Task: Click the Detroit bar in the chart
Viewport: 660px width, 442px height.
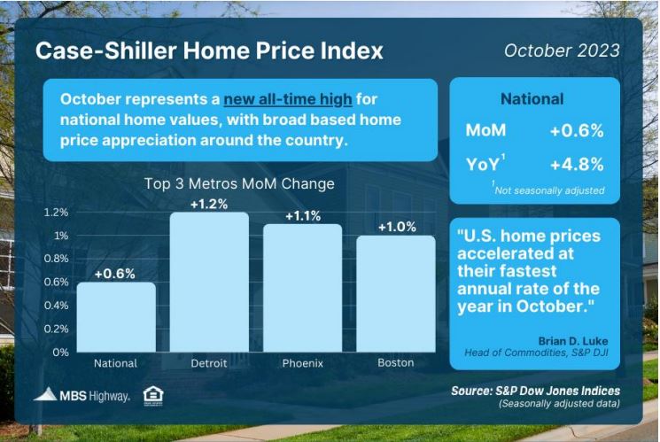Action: [x=209, y=282]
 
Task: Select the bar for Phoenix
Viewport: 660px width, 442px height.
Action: [x=303, y=288]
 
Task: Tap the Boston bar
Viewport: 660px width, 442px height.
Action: [x=396, y=293]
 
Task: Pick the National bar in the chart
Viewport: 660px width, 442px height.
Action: [x=116, y=316]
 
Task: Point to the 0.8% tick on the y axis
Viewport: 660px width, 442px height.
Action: [x=57, y=259]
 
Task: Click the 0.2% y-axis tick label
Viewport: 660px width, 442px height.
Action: [x=57, y=329]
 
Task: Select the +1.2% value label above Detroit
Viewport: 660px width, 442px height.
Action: [x=209, y=204]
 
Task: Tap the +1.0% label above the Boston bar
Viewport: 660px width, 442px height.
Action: [x=397, y=228]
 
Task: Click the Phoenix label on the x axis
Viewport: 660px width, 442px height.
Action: [x=303, y=363]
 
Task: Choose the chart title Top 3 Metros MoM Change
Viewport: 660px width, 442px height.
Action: [x=239, y=184]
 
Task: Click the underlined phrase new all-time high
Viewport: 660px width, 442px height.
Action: [x=288, y=99]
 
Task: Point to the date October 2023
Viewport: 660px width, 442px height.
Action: [x=562, y=50]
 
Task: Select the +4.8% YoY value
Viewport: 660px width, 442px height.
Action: [x=577, y=164]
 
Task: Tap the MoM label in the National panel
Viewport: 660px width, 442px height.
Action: [x=485, y=130]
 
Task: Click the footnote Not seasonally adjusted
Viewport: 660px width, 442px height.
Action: [x=549, y=190]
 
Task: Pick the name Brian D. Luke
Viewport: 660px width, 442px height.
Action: [x=573, y=341]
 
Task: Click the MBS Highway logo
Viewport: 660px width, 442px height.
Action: [x=82, y=395]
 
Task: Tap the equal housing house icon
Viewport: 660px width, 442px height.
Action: [x=153, y=396]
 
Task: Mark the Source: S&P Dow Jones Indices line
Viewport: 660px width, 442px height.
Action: [x=535, y=391]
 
